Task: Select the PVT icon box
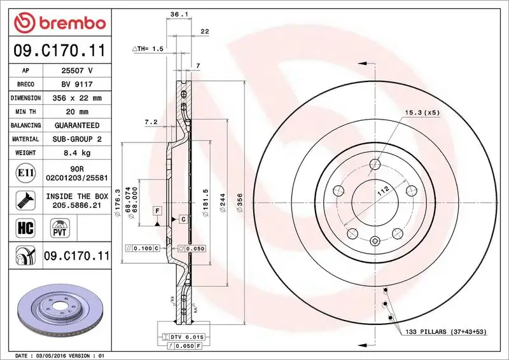tap(59, 228)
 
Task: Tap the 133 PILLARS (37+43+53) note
tap(445, 332)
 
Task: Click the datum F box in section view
tap(156, 209)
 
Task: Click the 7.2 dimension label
tap(151, 121)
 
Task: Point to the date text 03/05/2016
tap(55, 355)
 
